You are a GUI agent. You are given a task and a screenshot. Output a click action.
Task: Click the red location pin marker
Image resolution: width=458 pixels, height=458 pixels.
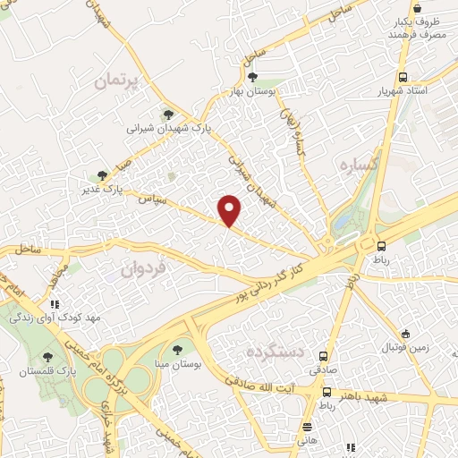point(230,211)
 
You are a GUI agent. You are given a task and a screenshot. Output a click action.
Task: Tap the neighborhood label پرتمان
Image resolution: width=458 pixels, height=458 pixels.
point(118,81)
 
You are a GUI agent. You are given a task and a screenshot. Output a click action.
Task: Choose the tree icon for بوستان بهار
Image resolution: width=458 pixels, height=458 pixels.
point(252,77)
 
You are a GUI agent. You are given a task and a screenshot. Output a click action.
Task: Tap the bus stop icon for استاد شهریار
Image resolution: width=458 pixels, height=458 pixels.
point(403,78)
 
